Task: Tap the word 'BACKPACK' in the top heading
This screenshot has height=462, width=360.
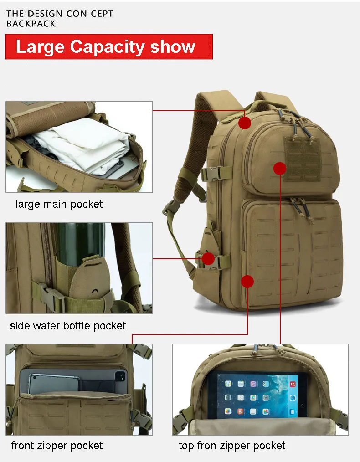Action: [31, 24]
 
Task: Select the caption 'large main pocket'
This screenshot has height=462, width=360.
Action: [59, 204]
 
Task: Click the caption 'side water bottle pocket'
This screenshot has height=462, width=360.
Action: [68, 326]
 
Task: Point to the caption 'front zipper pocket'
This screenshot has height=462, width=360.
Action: [57, 446]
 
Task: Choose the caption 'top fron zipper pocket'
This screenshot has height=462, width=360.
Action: [232, 446]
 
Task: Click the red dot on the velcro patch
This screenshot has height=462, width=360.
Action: [280, 169]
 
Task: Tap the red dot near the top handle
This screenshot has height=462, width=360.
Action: [245, 123]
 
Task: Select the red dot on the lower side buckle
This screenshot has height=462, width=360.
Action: [208, 259]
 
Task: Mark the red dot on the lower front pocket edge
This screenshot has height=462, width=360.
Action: [247, 282]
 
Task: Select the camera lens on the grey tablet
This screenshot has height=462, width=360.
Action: [121, 375]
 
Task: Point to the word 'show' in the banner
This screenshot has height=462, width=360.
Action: [173, 47]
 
